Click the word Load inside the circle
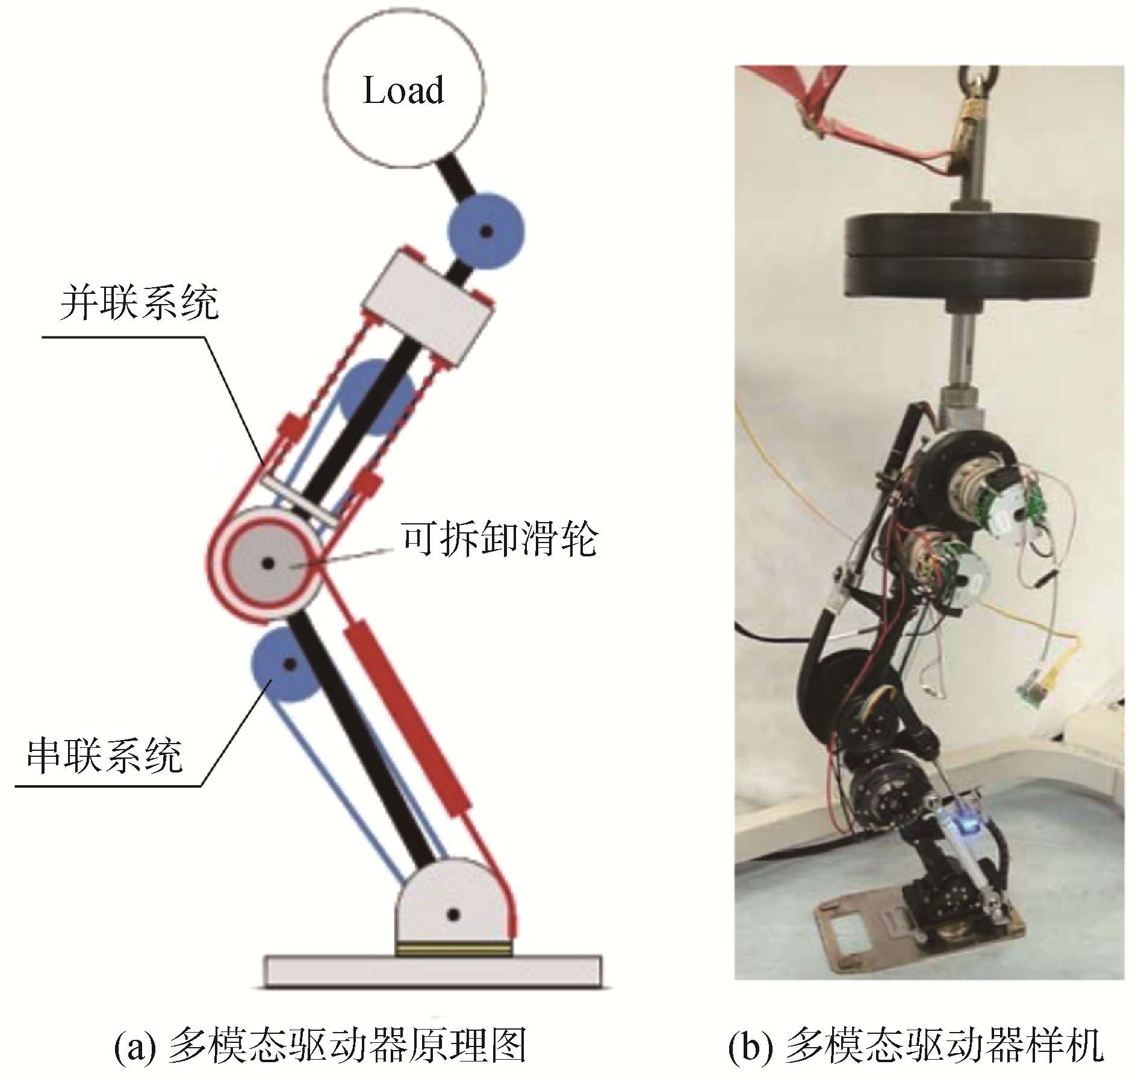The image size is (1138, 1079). coord(403,91)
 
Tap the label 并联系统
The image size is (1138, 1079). coord(139,302)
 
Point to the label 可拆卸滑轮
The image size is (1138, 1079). coord(499,538)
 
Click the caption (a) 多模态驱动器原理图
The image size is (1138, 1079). coord(320,1046)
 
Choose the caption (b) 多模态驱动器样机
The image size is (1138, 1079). coord(916,1046)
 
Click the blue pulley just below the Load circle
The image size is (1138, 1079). coord(485,230)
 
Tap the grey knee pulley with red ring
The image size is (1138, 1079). coord(269,564)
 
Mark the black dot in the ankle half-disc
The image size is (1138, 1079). coord(453,915)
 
